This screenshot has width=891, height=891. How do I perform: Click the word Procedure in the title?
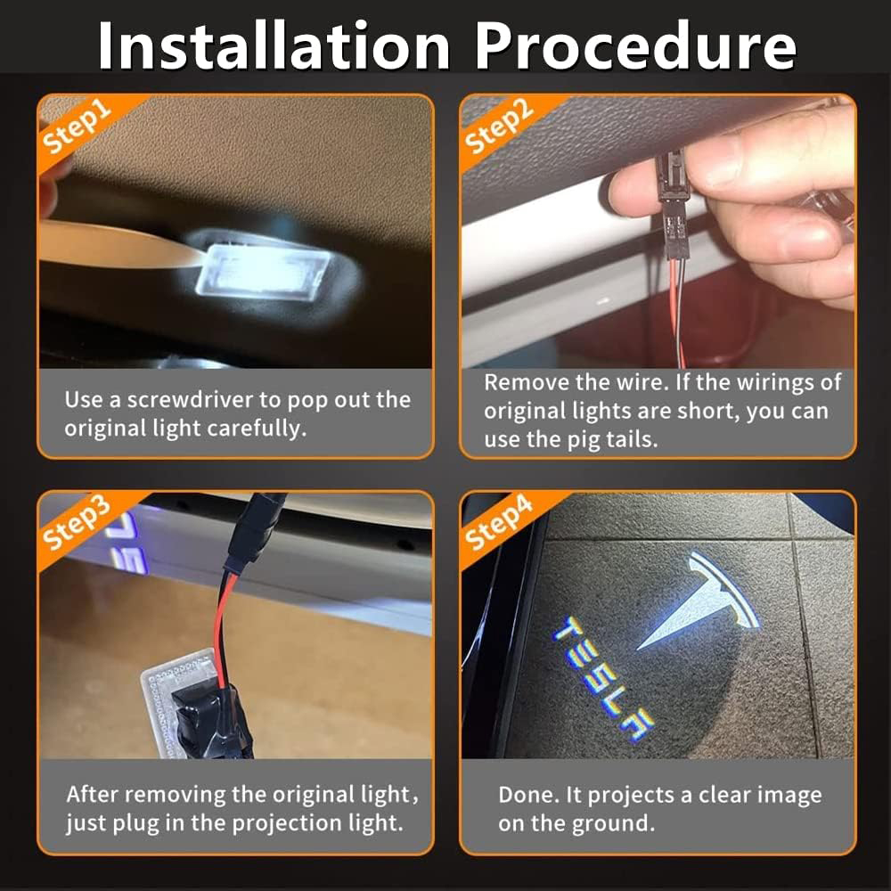point(636,45)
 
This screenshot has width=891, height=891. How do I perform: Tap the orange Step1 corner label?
point(77,126)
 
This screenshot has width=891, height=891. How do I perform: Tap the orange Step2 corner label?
point(499,126)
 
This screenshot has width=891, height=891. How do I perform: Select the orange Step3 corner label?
point(77,523)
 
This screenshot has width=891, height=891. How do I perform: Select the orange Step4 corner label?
point(499,523)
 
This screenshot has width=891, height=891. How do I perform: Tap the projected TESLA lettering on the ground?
point(603,678)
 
